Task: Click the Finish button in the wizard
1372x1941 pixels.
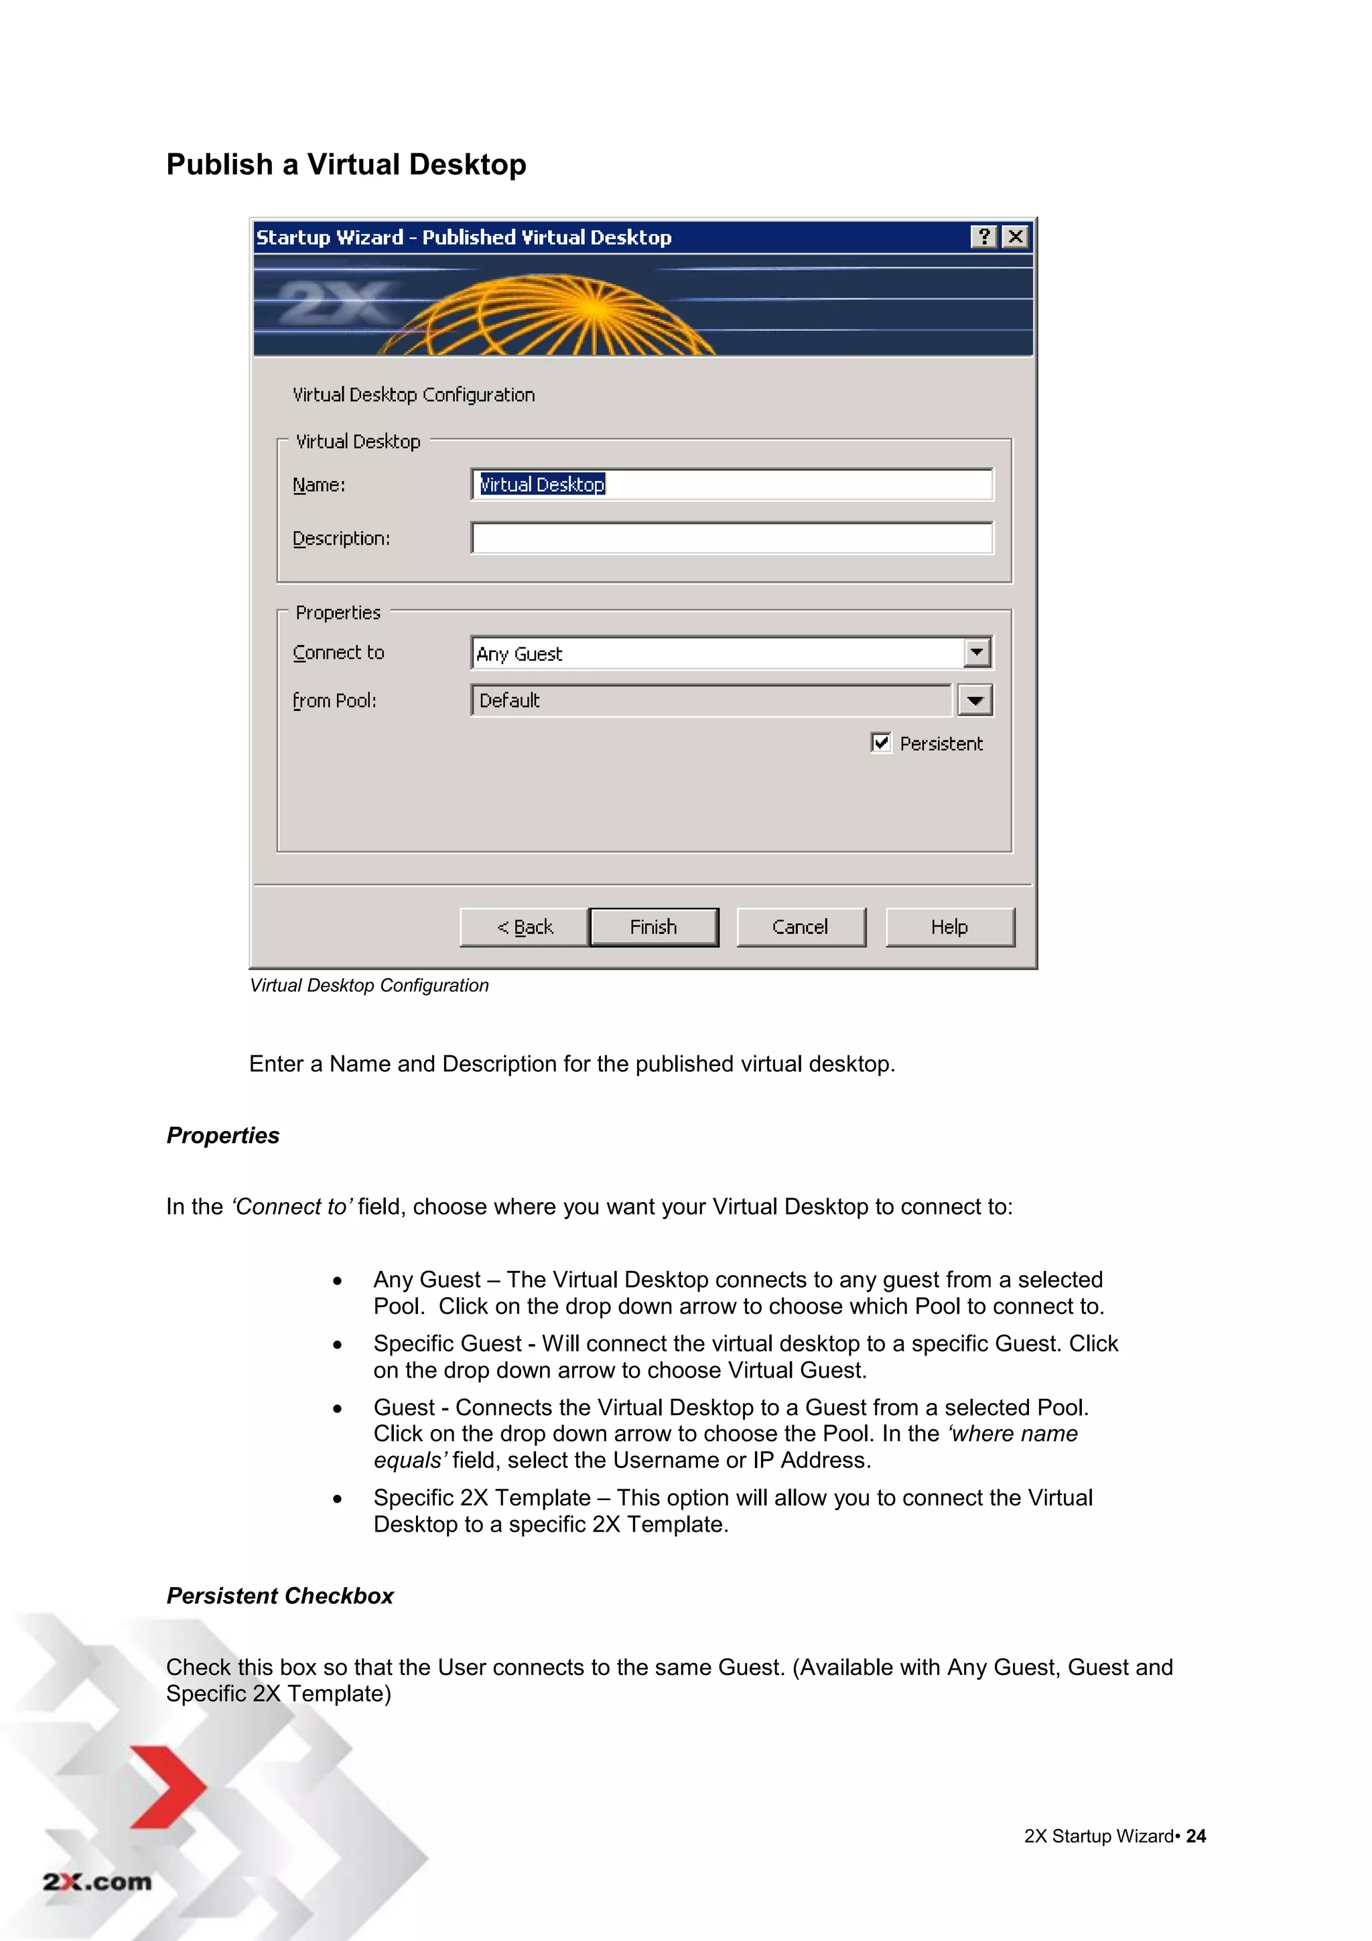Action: pos(653,927)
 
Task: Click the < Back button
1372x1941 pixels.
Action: pos(524,927)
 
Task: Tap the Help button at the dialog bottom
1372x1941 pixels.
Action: pos(949,927)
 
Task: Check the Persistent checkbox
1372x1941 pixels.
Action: pos(881,743)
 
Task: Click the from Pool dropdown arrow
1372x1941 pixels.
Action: pos(975,700)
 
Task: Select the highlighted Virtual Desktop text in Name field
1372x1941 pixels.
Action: pos(543,484)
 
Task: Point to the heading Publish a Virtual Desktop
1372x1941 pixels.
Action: pos(346,164)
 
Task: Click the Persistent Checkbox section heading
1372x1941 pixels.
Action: pos(280,1595)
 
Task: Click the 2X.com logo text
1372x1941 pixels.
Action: pos(97,1882)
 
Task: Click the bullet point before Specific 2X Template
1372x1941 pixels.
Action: pos(337,1499)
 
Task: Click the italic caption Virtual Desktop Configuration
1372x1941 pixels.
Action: pos(369,985)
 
